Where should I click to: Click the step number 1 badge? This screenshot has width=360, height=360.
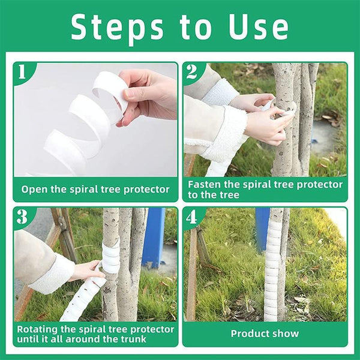pyautogui.click(x=22, y=73)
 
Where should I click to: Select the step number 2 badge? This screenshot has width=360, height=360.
pyautogui.click(x=192, y=73)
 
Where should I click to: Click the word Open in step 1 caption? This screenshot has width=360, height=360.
pyautogui.click(x=35, y=189)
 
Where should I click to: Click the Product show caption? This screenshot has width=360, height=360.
pyautogui.click(x=265, y=333)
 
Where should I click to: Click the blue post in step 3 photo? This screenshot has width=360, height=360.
pyautogui.click(x=154, y=237)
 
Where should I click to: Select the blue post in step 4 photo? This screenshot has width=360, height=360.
pyautogui.click(x=262, y=228)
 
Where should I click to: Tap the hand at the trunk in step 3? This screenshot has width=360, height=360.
pyautogui.click(x=88, y=271)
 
